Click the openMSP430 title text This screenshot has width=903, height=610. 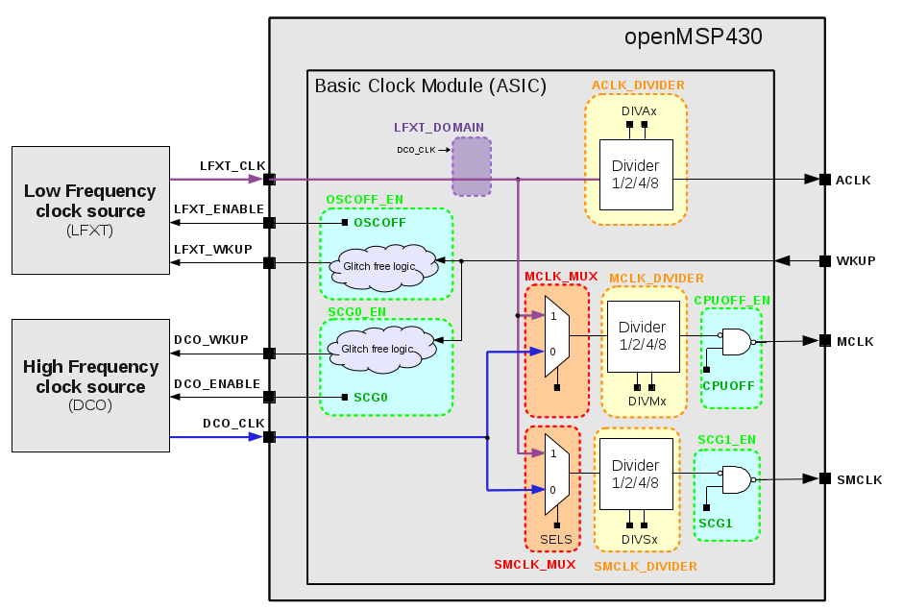694,37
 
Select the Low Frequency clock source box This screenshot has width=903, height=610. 90,209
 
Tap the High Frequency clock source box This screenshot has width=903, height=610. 90,384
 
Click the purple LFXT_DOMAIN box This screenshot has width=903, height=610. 472,166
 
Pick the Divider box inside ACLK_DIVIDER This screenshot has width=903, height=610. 636,174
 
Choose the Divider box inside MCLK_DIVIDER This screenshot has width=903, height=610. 643,335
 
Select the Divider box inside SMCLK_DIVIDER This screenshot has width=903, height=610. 636,475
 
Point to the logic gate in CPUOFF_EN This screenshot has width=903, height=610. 737,341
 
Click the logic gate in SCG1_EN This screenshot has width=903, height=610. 737,479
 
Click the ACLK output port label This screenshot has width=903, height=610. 852,180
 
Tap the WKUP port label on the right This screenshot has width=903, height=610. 856,261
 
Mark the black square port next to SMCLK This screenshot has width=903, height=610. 824,478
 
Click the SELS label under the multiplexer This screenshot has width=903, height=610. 555,540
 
